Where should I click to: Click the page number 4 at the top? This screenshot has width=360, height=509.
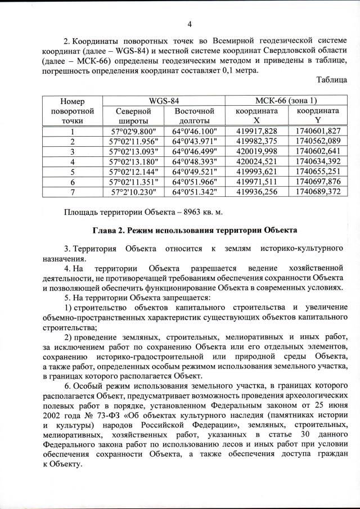(190, 24)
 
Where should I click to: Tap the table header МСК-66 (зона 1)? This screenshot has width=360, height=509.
(286, 101)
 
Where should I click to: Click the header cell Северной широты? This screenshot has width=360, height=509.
(133, 116)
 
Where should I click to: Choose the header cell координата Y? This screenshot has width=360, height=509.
(318, 116)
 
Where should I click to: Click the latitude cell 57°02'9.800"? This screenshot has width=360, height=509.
(133, 131)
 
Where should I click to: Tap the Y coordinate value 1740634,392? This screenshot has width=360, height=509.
(318, 161)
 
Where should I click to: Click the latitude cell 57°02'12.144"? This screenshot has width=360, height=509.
(133, 172)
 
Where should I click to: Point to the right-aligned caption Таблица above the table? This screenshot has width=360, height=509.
(331, 80)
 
